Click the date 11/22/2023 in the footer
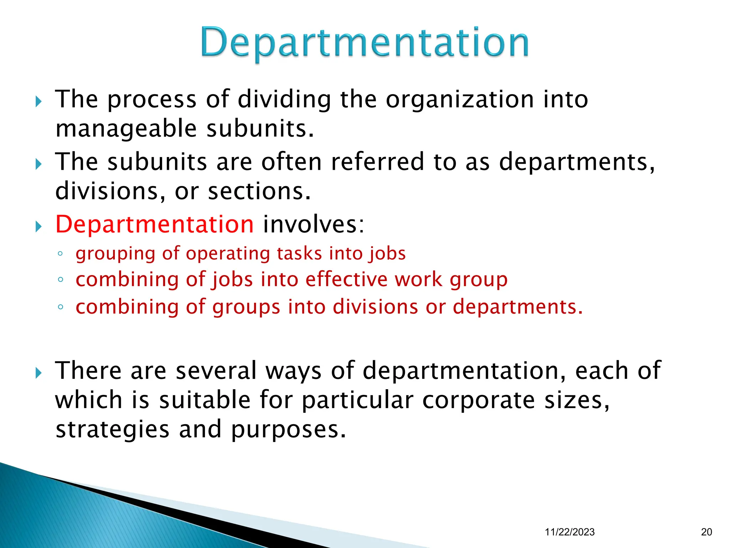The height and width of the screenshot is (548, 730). tap(570, 532)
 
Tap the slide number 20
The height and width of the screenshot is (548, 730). tap(706, 532)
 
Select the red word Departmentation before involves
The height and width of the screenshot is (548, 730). tap(154, 224)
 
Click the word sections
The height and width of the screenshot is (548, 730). tap(259, 191)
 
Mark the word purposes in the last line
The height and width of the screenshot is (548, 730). tap(288, 430)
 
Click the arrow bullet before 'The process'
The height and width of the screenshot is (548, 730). tap(39, 102)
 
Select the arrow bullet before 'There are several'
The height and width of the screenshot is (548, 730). tap(39, 373)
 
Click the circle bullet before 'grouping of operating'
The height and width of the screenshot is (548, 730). tap(60, 254)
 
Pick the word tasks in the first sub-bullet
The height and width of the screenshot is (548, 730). tap(299, 254)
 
